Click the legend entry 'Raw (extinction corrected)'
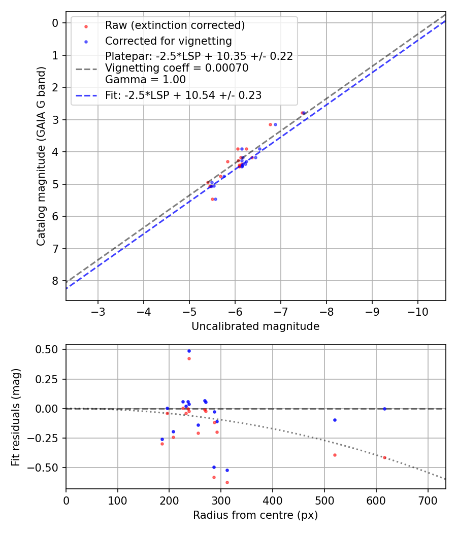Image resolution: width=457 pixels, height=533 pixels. [175, 25]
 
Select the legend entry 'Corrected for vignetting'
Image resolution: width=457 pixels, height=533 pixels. [168, 41]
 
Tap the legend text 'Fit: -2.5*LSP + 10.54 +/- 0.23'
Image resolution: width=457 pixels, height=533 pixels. [183, 95]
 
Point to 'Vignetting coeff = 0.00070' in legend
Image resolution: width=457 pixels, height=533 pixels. [177, 68]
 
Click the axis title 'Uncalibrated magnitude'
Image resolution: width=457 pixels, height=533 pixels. [255, 326]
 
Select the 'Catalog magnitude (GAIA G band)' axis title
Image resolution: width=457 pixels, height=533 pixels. [41, 156]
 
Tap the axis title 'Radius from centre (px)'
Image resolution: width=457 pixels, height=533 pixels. [255, 515]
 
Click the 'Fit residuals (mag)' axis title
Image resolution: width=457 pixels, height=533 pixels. [16, 417]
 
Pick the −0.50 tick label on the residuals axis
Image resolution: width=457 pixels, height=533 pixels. [46, 467]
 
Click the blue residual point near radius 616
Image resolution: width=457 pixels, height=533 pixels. [384, 409]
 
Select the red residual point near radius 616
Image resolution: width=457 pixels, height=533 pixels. [384, 457]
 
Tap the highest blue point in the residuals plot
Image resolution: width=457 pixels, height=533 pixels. [189, 351]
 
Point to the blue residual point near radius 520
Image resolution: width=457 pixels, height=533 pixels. [335, 420]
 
